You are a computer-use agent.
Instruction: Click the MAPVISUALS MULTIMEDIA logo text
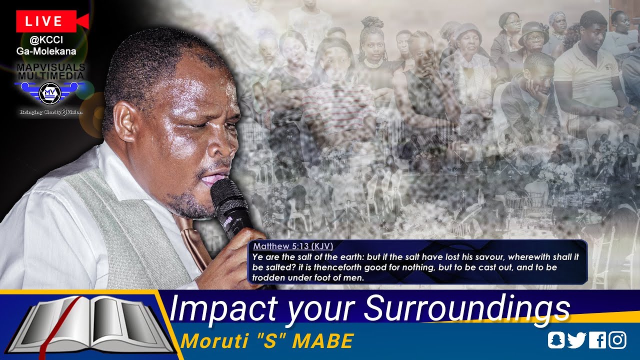tap(50, 71)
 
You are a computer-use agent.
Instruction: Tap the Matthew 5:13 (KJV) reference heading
tap(292, 246)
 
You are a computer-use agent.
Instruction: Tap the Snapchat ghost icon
tap(555, 340)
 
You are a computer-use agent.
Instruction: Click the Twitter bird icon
tap(576, 340)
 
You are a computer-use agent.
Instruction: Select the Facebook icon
tap(597, 340)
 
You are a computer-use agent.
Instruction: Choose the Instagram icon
tap(617, 340)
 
